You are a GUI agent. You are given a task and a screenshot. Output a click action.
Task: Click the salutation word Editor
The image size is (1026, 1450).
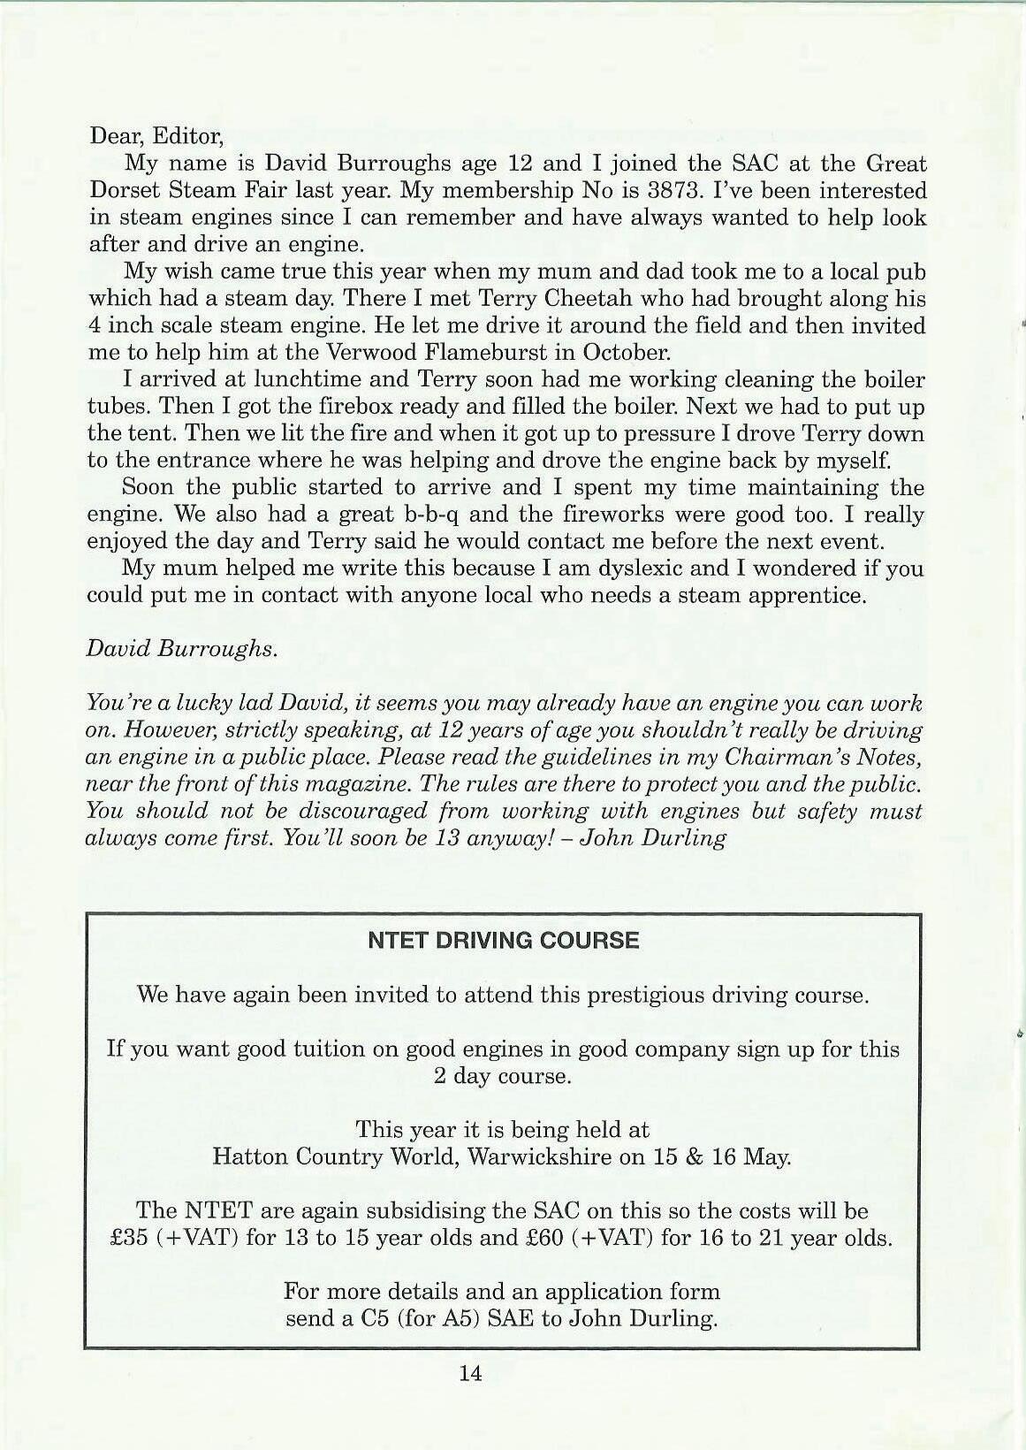(187, 137)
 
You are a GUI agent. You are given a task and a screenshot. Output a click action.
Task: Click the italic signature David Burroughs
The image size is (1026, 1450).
(181, 648)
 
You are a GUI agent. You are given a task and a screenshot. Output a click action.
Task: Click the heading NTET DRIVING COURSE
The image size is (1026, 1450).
(503, 940)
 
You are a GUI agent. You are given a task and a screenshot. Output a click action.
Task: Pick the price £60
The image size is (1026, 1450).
(544, 1237)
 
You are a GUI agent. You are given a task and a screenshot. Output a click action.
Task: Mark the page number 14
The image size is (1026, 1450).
(470, 1373)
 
